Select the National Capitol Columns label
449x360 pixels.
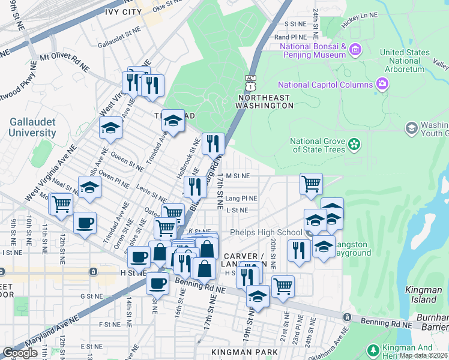(325, 85)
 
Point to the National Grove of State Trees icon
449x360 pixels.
(355, 144)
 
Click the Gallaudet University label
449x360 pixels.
(32, 127)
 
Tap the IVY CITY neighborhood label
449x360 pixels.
(124, 11)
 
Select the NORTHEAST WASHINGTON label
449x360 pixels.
(264, 101)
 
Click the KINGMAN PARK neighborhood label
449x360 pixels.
(245, 352)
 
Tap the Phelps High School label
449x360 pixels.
(266, 233)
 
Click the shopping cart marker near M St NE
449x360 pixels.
(310, 184)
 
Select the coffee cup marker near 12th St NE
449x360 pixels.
(84, 223)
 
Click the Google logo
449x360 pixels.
(20, 353)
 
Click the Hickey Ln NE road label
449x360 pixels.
(360, 15)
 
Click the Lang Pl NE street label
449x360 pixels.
(241, 198)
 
